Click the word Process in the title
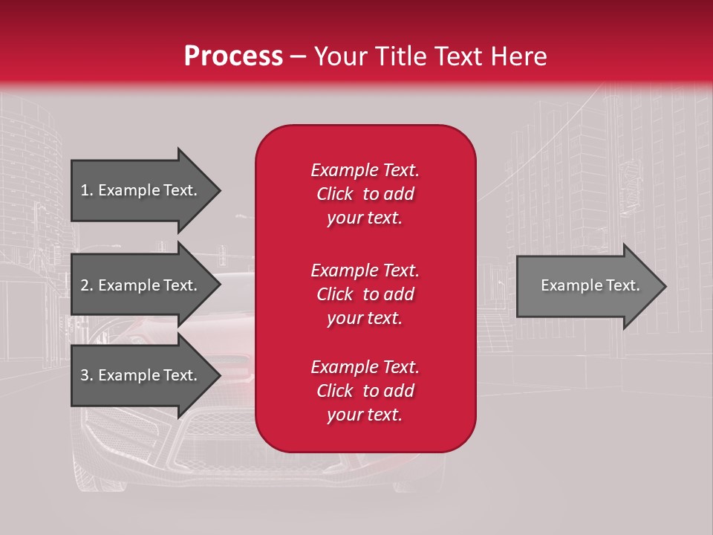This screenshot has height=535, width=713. click(233, 56)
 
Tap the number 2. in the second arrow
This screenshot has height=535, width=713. click(87, 285)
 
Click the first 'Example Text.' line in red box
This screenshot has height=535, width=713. click(365, 170)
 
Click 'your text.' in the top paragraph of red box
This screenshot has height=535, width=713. click(365, 218)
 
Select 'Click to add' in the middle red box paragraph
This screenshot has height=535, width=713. click(365, 294)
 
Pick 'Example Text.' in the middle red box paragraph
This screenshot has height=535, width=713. click(365, 270)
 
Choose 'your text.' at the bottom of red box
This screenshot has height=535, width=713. click(365, 415)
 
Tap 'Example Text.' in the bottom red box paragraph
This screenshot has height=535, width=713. click(365, 367)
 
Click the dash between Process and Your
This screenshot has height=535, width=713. click(298, 56)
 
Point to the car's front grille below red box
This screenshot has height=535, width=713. click(223, 438)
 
